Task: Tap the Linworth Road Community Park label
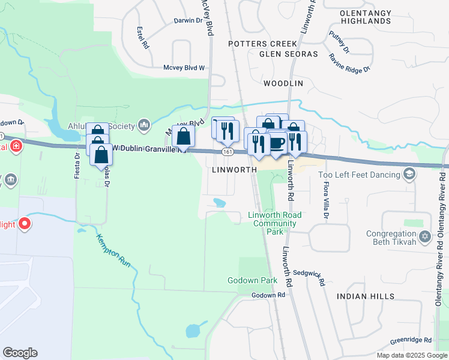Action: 273,223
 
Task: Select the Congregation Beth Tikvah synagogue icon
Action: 426,235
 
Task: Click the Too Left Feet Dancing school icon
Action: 409,174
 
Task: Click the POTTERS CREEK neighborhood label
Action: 262,44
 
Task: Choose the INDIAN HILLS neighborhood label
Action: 366,296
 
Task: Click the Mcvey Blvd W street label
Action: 184,68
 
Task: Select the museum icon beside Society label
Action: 143,125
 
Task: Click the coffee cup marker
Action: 276,143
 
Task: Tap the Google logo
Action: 20,353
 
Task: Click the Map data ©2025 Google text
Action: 412,355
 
